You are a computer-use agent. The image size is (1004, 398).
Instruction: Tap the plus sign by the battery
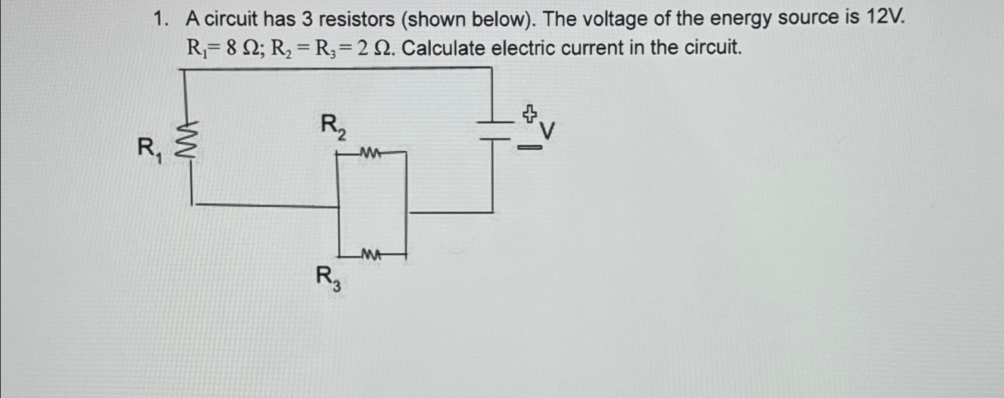pos(529,113)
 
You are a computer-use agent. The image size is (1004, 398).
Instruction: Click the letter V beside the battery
pos(547,131)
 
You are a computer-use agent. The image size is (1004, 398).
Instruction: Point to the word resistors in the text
pos(356,20)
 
